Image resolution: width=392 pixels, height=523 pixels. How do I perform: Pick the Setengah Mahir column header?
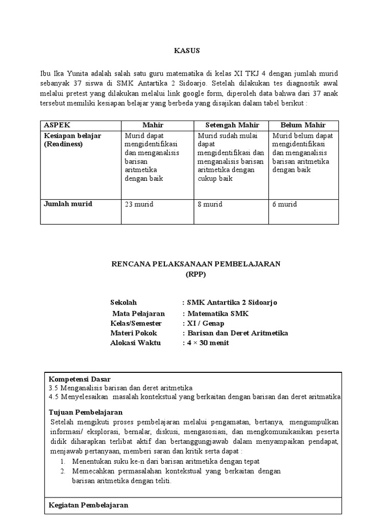[x=232, y=125]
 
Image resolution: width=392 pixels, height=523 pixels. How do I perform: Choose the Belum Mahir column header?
[x=303, y=125]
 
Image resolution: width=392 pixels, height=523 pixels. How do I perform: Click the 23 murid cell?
[x=139, y=204]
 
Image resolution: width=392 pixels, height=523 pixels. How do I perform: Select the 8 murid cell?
[x=210, y=204]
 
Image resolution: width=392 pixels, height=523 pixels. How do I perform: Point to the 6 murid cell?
[x=285, y=204]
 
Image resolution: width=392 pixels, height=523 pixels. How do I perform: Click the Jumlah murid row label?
[x=68, y=204]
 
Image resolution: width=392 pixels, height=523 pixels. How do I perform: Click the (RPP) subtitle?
[x=196, y=274]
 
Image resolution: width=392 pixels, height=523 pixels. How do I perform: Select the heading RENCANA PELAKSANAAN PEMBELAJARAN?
[x=197, y=264]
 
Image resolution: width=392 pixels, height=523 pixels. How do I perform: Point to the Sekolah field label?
[x=124, y=302]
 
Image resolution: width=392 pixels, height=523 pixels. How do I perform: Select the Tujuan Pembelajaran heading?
[x=86, y=412]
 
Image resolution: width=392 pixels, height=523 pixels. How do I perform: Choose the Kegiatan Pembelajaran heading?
[x=88, y=505]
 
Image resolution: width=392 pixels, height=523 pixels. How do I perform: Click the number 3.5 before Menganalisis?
[x=54, y=388]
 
